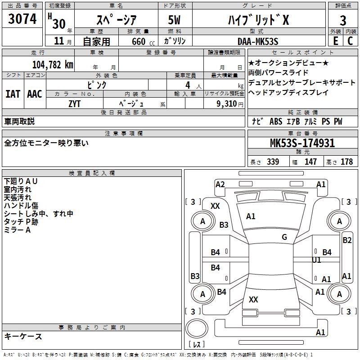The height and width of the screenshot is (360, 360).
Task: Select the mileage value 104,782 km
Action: pos(53,64)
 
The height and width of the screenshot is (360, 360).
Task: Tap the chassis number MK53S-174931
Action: pos(302,144)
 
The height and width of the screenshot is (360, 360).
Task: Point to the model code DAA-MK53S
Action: pos(258,41)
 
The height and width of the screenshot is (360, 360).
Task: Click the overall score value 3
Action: pos(343,20)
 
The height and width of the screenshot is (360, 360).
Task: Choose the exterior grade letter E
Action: pos(335,41)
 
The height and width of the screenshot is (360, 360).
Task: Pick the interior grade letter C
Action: pos(351,41)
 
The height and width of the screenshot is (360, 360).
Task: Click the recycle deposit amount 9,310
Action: pos(229,103)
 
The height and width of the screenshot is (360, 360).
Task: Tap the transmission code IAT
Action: pos(13,94)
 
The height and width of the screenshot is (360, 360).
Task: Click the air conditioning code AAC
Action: pos(35,94)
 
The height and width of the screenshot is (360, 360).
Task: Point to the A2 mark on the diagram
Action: pos(220,184)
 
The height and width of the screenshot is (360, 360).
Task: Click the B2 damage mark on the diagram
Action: pos(347,240)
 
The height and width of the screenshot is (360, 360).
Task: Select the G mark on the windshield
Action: pos(284,237)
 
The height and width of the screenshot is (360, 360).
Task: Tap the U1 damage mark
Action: pos(317,260)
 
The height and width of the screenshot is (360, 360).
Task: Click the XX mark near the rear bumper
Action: pos(253,300)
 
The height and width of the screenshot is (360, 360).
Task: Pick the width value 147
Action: pos(310,162)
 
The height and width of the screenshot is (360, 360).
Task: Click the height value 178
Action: pos(346,162)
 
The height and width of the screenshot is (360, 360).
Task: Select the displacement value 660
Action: pos(138,42)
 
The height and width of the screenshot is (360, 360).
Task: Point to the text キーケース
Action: pos(23,336)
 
